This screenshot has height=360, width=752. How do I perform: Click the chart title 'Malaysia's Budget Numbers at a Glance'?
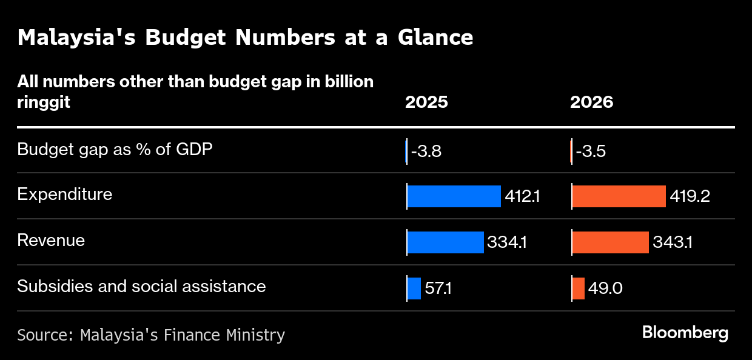tap(245, 38)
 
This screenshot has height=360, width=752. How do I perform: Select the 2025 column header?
tap(426, 102)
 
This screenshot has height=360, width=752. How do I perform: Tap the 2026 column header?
tap(591, 102)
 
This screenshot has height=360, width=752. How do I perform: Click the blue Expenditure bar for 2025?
tap(454, 196)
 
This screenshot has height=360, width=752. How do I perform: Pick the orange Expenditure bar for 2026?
tap(619, 196)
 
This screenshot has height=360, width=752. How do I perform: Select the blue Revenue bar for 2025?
tap(445, 242)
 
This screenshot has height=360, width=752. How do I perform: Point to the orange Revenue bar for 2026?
tap(610, 242)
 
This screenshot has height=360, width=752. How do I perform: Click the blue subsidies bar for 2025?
tap(414, 288)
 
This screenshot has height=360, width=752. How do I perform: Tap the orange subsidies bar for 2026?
tap(579, 288)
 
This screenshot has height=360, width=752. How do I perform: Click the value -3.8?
tap(426, 151)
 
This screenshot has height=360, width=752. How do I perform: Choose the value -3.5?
tap(591, 151)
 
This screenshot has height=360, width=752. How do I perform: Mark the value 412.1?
tap(522, 196)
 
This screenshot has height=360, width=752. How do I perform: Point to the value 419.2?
tap(690, 196)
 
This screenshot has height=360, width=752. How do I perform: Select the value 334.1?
tap(506, 242)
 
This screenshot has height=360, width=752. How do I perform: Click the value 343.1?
tap(673, 242)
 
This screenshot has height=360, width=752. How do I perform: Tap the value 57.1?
tap(438, 288)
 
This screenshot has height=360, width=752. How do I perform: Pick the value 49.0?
tap(605, 288)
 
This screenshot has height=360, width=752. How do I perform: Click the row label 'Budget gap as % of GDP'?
tap(115, 149)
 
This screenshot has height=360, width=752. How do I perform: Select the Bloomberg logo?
tap(685, 333)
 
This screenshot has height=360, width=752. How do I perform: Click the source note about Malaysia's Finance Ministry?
tap(151, 335)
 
